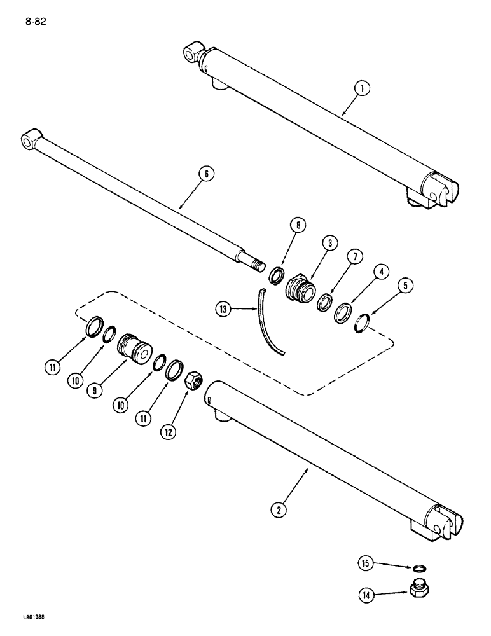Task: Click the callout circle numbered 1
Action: tap(361, 90)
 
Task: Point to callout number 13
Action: tap(222, 311)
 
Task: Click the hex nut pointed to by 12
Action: tap(193, 382)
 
